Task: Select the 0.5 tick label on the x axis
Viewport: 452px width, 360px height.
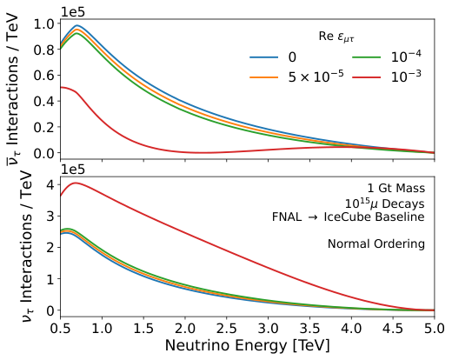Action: click(x=60, y=330)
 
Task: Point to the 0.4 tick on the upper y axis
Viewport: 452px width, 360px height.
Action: click(x=41, y=101)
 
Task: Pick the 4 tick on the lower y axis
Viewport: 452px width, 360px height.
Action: click(x=49, y=183)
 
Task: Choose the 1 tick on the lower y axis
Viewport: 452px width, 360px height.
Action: click(x=49, y=278)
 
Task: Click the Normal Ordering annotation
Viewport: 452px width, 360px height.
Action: click(x=376, y=244)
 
